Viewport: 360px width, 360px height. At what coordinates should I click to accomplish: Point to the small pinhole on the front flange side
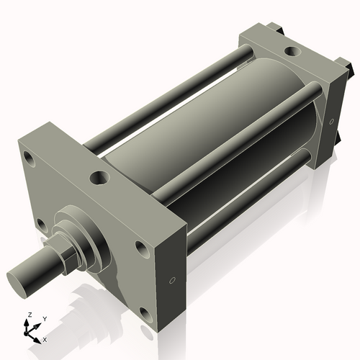172,280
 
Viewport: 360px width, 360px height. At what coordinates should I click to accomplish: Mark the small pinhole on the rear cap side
333,120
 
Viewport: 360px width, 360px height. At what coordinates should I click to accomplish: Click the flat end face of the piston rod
19,277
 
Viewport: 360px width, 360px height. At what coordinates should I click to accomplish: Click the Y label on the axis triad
45,318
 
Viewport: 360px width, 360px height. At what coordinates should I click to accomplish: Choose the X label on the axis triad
45,338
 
